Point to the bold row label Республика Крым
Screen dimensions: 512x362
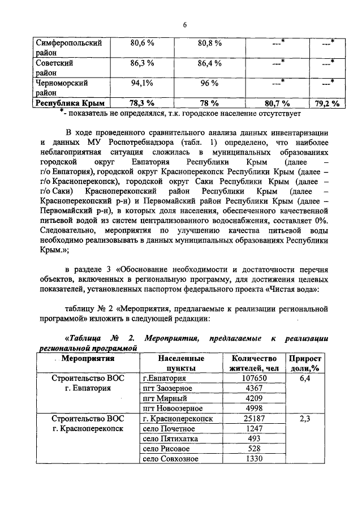point(71,103)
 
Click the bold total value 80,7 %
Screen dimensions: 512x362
point(277,103)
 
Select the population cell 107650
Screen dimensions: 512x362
point(255,378)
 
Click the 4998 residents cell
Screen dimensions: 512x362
point(255,408)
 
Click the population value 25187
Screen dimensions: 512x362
point(255,419)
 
